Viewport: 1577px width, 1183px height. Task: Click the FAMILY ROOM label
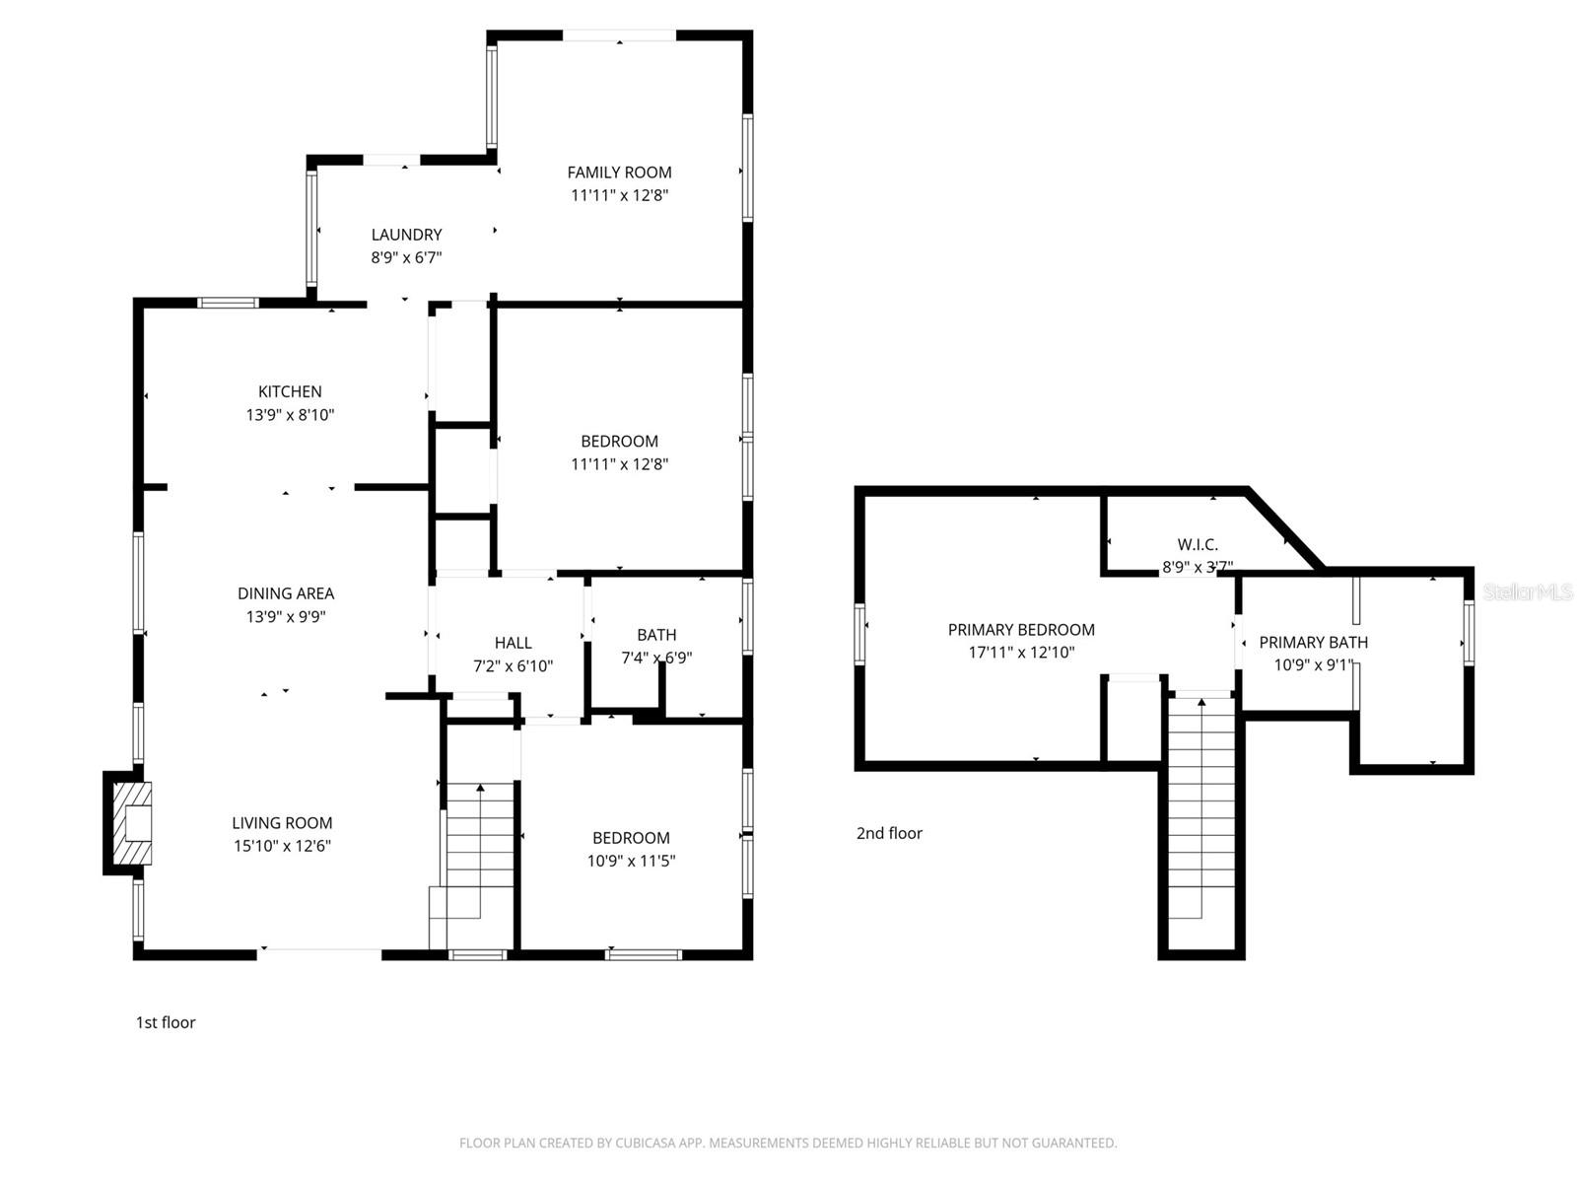619,173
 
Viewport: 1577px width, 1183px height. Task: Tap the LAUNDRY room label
406,235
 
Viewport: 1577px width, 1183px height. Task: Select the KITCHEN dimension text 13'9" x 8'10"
290,415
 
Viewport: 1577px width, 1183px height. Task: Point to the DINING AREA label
286,593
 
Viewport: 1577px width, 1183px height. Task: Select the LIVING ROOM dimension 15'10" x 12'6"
282,846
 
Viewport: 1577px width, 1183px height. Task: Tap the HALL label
513,643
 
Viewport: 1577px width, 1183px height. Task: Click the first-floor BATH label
656,635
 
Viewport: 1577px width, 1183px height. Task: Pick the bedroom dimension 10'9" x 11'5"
631,861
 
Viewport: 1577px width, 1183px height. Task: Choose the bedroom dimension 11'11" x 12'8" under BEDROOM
619,464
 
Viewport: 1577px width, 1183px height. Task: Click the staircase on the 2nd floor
1200,808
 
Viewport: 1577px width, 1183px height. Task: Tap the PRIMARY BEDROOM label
1021,630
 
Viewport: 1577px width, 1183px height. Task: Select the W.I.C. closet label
1198,544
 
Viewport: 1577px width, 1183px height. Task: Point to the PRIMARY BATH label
1313,643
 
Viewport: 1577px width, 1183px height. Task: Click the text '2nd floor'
889,833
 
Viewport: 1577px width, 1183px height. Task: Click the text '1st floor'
166,1022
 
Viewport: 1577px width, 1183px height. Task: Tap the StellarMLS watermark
1527,592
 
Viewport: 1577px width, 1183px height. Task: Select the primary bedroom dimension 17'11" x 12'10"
1021,653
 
